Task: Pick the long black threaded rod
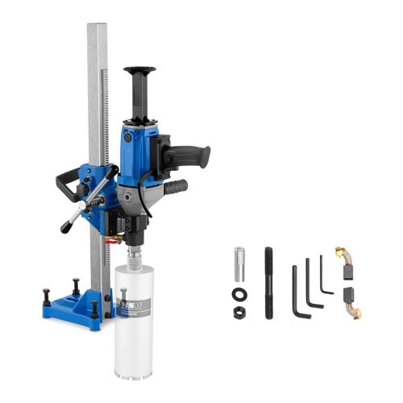[269, 282]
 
